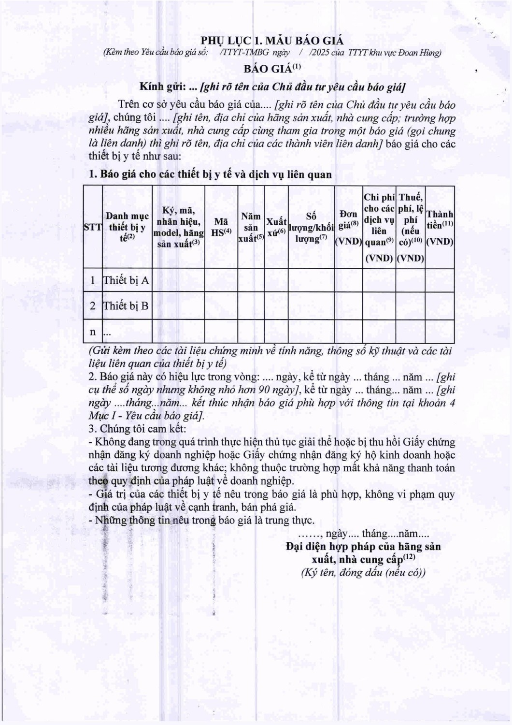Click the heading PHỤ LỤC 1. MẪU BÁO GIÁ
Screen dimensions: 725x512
click(272, 40)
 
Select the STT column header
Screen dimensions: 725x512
click(93, 227)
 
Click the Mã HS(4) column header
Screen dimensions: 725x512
click(221, 227)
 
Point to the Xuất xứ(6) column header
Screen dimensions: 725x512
click(276, 227)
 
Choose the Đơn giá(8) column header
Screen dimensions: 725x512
click(348, 227)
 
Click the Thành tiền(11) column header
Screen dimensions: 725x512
click(440, 227)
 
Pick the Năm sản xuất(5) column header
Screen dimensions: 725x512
click(251, 227)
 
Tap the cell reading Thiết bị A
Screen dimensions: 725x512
click(126, 280)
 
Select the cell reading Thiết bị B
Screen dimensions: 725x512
click(126, 305)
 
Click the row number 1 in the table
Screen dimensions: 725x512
click(93, 280)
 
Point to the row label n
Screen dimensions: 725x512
click(93, 332)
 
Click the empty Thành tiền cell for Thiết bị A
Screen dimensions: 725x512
click(440, 280)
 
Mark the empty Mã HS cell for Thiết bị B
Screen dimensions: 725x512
click(221, 305)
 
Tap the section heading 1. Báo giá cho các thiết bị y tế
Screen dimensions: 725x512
click(211, 174)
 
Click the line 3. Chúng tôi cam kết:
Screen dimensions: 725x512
click(137, 429)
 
